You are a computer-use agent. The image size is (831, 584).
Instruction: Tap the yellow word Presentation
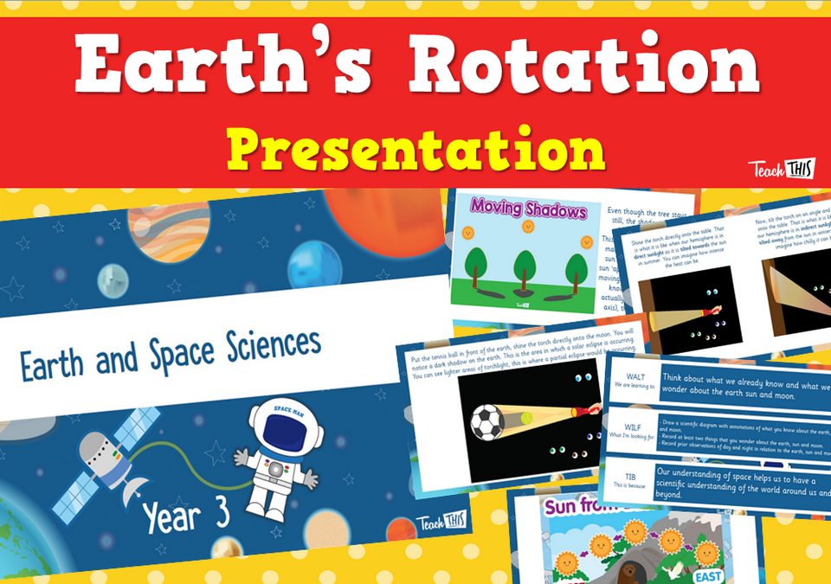pyautogui.click(x=415, y=152)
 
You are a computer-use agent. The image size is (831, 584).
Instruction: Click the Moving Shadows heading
pyautogui.click(x=517, y=209)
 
